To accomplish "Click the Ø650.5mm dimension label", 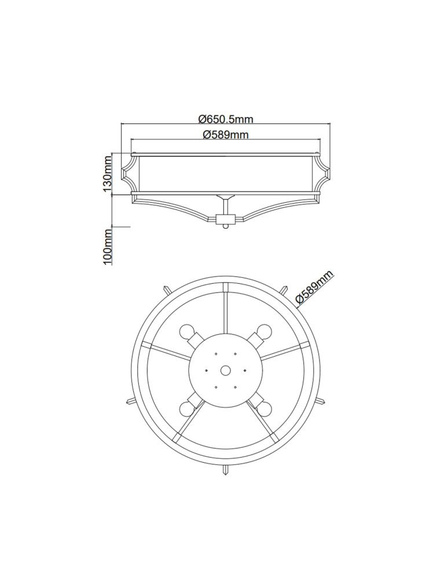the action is (x=226, y=119).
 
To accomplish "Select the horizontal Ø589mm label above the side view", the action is (x=226, y=135).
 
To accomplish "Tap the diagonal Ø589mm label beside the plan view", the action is (x=314, y=287).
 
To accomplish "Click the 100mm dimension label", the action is (x=107, y=247).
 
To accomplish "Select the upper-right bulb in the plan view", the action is (x=264, y=331).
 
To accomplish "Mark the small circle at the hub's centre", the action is (x=225, y=370).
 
